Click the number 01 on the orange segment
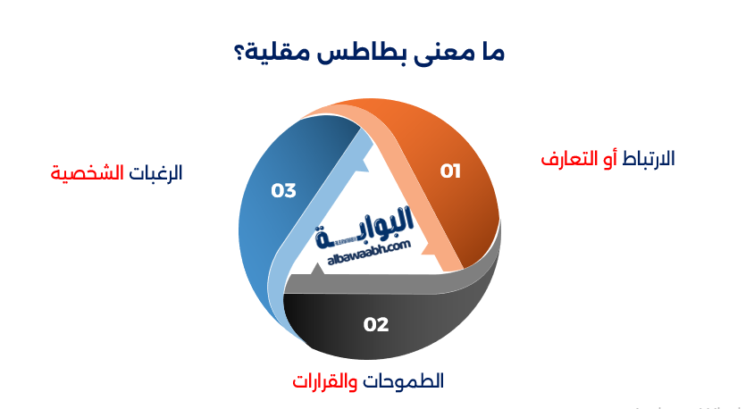coord(450,171)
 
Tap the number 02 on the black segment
coord(376,324)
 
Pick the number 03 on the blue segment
coord(283,190)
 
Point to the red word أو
coord(607,159)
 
